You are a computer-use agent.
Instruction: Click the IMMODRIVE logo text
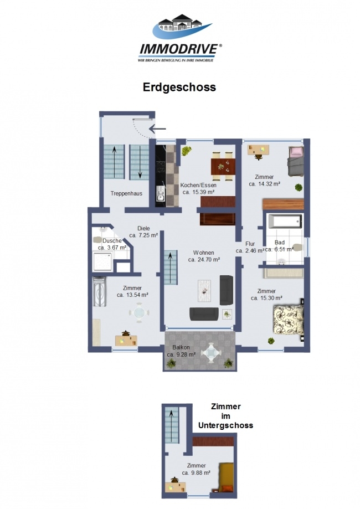point(179,49)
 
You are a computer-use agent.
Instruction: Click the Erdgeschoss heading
point(179,88)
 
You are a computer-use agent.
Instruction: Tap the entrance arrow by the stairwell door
point(157,128)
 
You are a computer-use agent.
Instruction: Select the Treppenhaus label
point(126,193)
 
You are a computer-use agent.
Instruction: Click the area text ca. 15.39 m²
point(198,192)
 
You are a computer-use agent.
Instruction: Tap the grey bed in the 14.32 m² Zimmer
point(295,161)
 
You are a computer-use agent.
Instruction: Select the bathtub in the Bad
point(285,222)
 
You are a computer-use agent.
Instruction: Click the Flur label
point(250,244)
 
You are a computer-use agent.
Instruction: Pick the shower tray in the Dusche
point(103,262)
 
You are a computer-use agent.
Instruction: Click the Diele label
point(143,229)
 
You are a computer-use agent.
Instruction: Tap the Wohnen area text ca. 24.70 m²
point(204,260)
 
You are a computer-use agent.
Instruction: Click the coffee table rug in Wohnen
point(204,291)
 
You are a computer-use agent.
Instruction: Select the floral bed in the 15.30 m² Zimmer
point(288,320)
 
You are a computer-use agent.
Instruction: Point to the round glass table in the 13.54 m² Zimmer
point(139,312)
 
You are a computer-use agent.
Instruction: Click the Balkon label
point(181,347)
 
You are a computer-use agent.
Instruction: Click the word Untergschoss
point(225,425)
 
